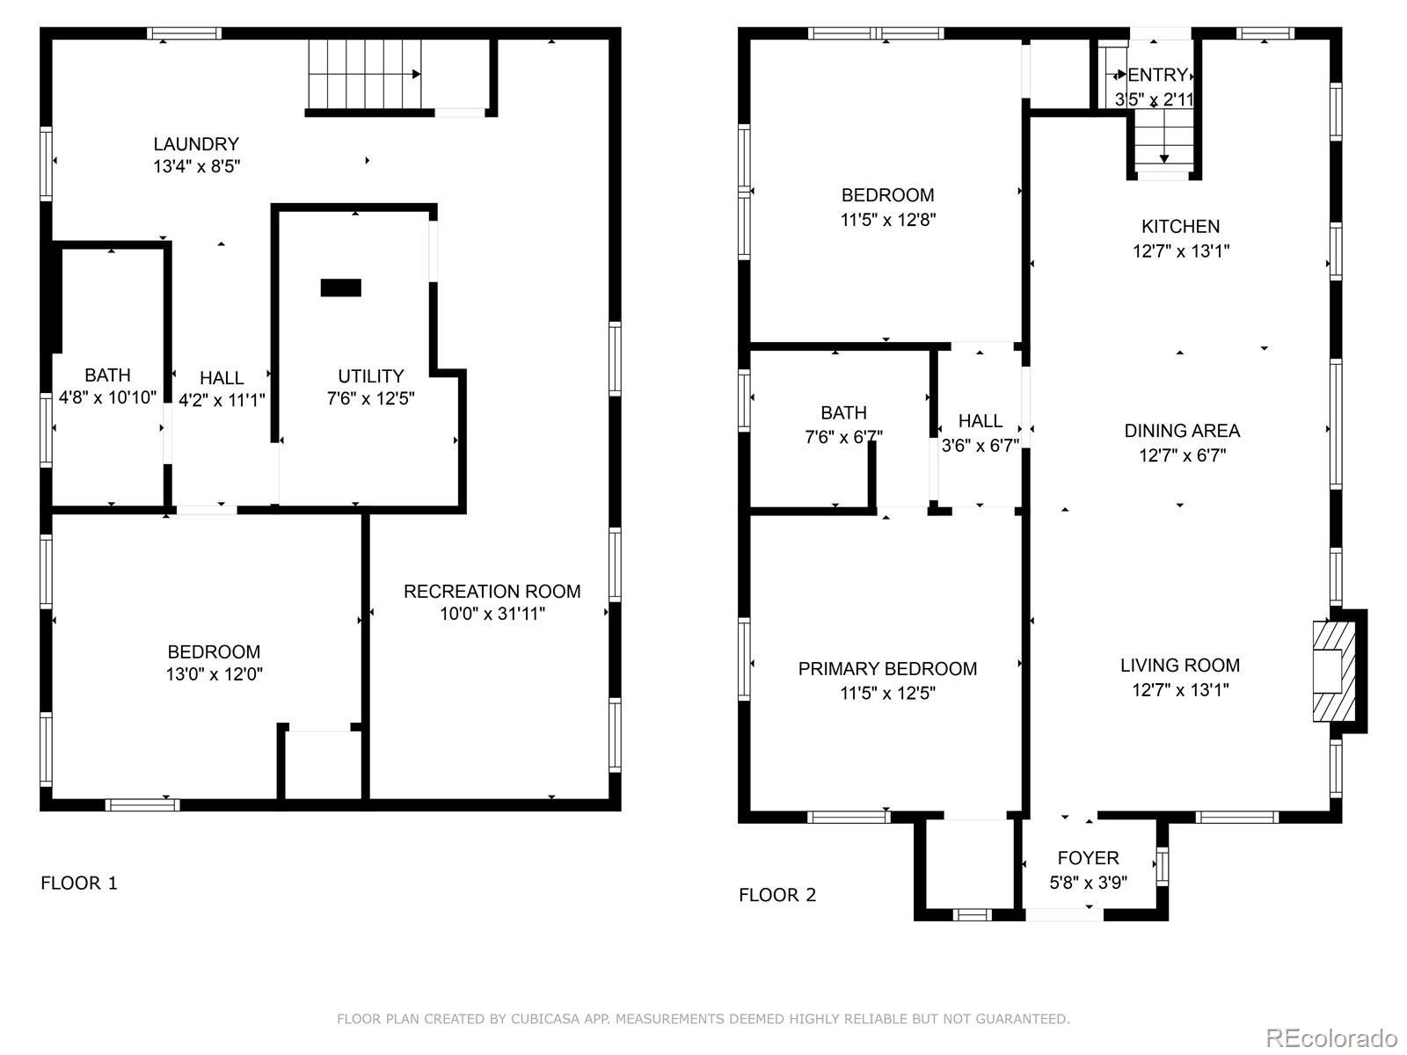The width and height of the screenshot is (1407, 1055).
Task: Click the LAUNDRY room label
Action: pos(196,144)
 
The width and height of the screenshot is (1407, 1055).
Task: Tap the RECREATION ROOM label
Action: pos(492,591)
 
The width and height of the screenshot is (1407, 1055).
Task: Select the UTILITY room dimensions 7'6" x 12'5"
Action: pos(370,398)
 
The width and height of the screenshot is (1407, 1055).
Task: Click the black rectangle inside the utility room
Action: pos(340,287)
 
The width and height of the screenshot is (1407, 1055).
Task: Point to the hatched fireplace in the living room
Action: pos(1334,672)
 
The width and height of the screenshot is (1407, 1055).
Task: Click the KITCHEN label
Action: pos(1181,227)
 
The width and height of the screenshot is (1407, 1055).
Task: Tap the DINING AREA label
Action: pos(1182,431)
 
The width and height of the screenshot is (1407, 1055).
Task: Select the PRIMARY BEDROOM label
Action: pos(888,669)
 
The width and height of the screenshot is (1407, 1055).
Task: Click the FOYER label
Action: pos(1089,858)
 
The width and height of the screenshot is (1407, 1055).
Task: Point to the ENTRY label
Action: pos(1157,76)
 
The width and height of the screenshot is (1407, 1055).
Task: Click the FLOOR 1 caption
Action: pos(79,884)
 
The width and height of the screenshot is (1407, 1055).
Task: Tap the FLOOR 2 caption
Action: pos(777,895)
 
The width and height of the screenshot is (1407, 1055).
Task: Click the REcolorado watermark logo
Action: pos(1332,1037)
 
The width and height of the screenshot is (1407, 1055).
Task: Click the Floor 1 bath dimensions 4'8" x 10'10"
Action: pos(107,397)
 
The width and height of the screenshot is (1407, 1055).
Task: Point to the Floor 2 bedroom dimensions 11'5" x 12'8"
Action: pos(888,220)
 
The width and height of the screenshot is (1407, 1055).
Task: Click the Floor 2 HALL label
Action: pos(981,421)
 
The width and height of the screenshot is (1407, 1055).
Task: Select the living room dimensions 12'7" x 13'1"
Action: pos(1180,690)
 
